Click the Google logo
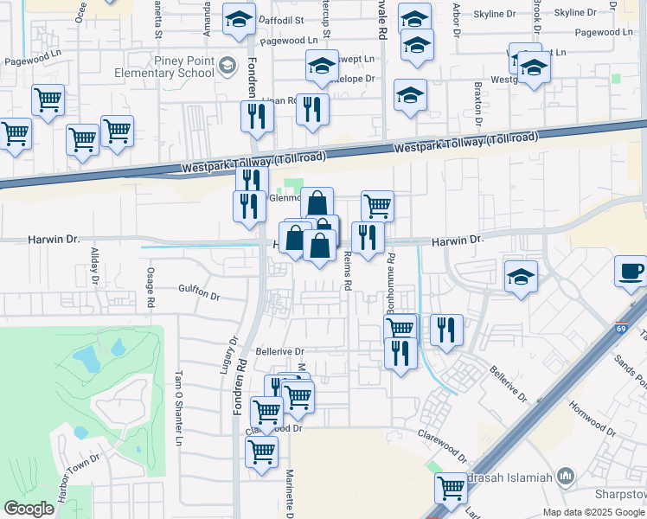tap(29, 508)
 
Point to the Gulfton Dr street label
tap(199, 292)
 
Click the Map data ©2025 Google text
tap(593, 511)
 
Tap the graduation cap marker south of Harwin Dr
tap(520, 278)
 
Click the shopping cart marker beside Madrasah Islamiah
tap(452, 489)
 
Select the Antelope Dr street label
tap(357, 78)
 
